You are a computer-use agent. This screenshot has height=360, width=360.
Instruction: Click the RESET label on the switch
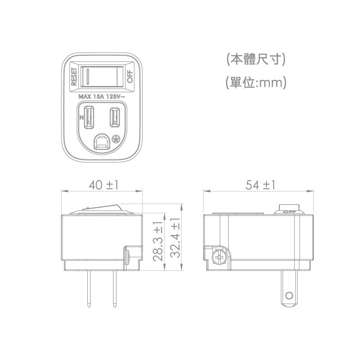pos(74,77)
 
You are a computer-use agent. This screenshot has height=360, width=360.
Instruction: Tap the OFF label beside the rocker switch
pos(130,77)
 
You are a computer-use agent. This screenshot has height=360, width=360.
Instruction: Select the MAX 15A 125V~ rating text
pos(102,97)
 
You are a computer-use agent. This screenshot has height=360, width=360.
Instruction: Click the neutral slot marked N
pos(89,117)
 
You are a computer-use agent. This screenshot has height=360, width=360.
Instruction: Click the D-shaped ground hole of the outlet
pos(101,142)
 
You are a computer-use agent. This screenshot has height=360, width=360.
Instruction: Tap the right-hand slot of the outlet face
pos(115,117)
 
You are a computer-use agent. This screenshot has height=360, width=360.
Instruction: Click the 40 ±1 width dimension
pos(103,185)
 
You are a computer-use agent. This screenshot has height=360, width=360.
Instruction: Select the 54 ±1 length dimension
pos(260,185)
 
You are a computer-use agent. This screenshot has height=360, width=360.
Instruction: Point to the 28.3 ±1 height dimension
pos(158,241)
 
